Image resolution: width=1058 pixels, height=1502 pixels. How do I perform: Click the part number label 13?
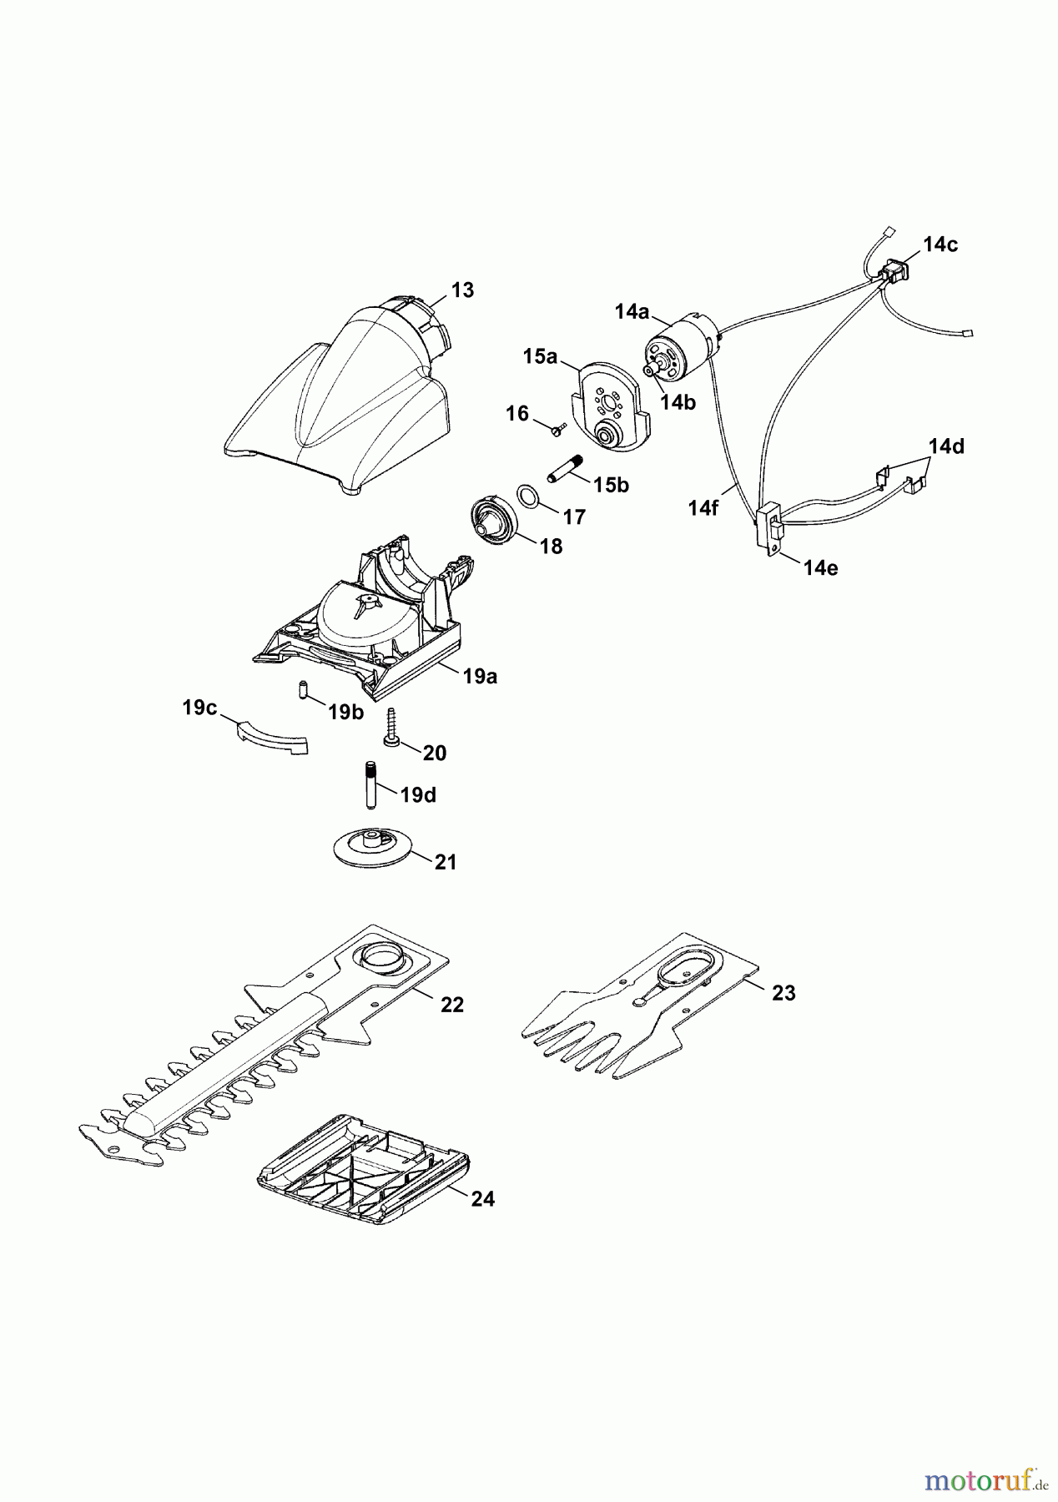click(462, 290)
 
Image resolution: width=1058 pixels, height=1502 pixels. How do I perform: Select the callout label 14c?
click(940, 244)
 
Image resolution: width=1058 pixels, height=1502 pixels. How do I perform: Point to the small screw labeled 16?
click(557, 428)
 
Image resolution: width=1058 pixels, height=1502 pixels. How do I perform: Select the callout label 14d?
click(946, 446)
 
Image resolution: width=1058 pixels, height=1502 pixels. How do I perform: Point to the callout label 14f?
click(703, 507)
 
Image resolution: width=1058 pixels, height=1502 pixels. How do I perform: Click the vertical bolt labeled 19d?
click(369, 784)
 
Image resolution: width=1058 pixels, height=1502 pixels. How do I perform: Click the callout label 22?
click(451, 1005)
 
